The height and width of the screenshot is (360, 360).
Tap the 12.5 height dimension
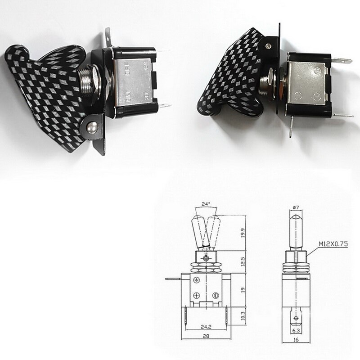click(243, 261)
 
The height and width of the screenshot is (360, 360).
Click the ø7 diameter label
click(296, 207)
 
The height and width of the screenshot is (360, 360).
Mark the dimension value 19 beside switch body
click(243, 291)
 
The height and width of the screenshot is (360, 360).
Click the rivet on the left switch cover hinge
click(93, 128)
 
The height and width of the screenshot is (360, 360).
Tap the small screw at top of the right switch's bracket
click(269, 45)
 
